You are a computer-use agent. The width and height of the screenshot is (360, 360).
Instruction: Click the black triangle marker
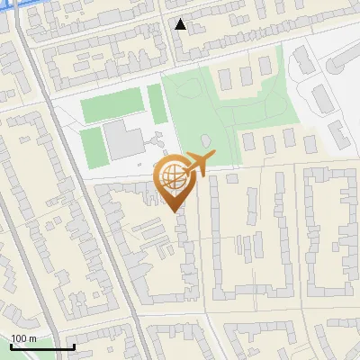point(181,24)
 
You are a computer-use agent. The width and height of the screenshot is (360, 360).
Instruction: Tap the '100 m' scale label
point(24,338)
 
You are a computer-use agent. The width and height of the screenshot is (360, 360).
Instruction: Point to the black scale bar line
point(42,347)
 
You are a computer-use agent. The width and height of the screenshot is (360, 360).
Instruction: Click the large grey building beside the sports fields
point(123,140)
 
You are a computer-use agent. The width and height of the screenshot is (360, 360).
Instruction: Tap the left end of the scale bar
point(11,347)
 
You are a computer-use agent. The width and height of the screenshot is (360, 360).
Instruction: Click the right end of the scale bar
point(74,347)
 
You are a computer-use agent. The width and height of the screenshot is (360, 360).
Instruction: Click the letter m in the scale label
point(33,338)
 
